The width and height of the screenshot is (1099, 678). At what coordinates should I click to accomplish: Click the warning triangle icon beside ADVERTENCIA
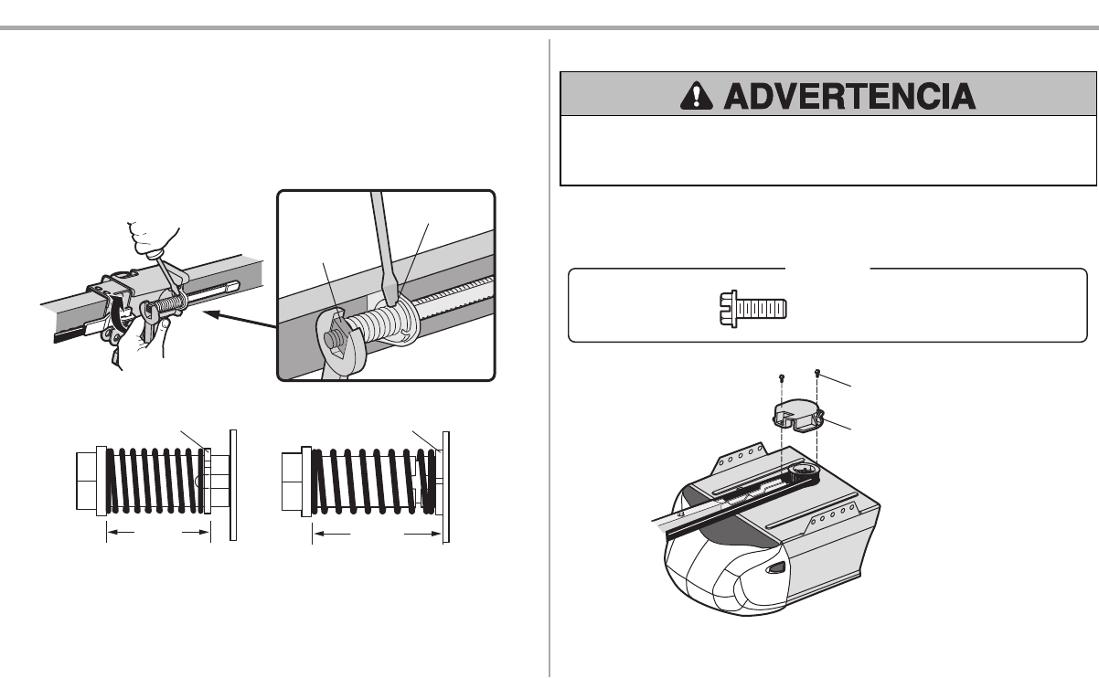click(x=696, y=96)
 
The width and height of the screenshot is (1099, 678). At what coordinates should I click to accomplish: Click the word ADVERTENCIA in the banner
click(x=849, y=96)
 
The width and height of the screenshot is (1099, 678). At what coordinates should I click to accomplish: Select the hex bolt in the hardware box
click(x=753, y=309)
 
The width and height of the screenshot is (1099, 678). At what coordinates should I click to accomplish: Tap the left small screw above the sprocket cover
click(x=782, y=378)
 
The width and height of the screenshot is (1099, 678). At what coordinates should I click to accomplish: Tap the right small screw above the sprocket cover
click(x=817, y=373)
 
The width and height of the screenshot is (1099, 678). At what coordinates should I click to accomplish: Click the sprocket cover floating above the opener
click(x=798, y=416)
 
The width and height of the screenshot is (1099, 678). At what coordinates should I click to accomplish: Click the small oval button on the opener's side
click(x=775, y=568)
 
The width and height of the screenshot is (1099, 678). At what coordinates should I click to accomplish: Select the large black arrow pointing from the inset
click(x=240, y=319)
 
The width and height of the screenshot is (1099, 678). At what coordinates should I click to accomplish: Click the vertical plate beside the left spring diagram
click(x=233, y=485)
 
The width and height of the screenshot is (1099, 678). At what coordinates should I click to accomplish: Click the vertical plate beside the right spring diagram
click(x=446, y=487)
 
